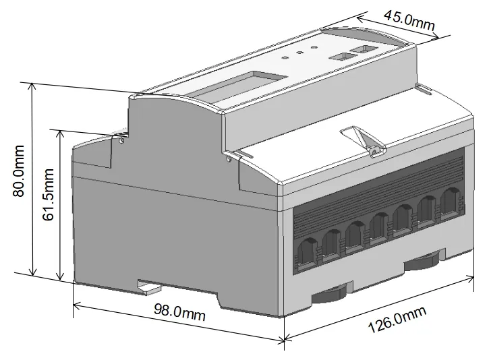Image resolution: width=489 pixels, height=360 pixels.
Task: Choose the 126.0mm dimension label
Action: point(397,322)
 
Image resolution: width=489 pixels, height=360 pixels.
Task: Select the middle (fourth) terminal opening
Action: point(380,225)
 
